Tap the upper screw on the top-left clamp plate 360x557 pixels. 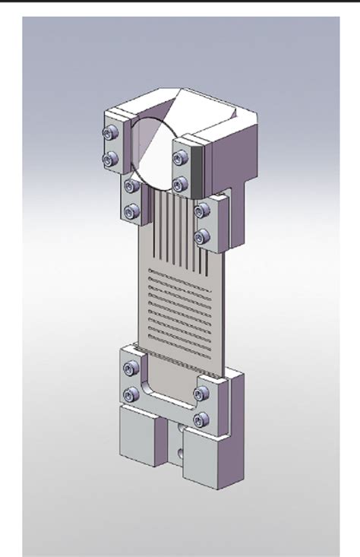[x=112, y=133]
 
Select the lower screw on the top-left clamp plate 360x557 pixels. [x=111, y=159]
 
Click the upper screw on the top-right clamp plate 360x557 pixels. [x=180, y=158]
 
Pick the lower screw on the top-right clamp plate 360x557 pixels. [x=180, y=184]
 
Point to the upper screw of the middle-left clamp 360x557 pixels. [x=131, y=185]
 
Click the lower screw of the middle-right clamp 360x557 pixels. [x=201, y=238]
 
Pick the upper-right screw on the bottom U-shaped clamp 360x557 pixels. [x=201, y=394]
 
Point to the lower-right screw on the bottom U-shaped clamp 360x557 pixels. [x=201, y=419]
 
